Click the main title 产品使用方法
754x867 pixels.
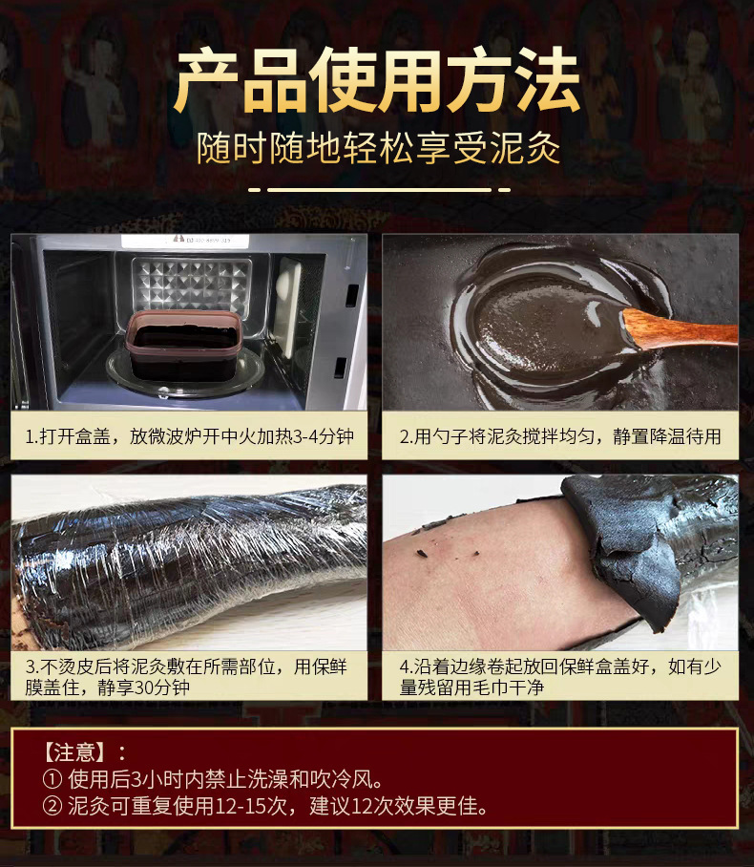pos(377,81)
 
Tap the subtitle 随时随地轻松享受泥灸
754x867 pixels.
pos(378,149)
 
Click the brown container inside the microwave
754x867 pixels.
pos(183,345)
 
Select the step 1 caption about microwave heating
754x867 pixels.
pos(189,436)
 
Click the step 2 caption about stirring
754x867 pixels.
pos(560,436)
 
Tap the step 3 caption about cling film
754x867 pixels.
pos(186,677)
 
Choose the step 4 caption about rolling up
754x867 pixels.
pos(560,677)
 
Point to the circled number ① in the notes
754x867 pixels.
pos(52,780)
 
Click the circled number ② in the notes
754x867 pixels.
pos(52,806)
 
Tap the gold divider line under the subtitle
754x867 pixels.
pos(379,190)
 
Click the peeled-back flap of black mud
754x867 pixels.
pos(624,547)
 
